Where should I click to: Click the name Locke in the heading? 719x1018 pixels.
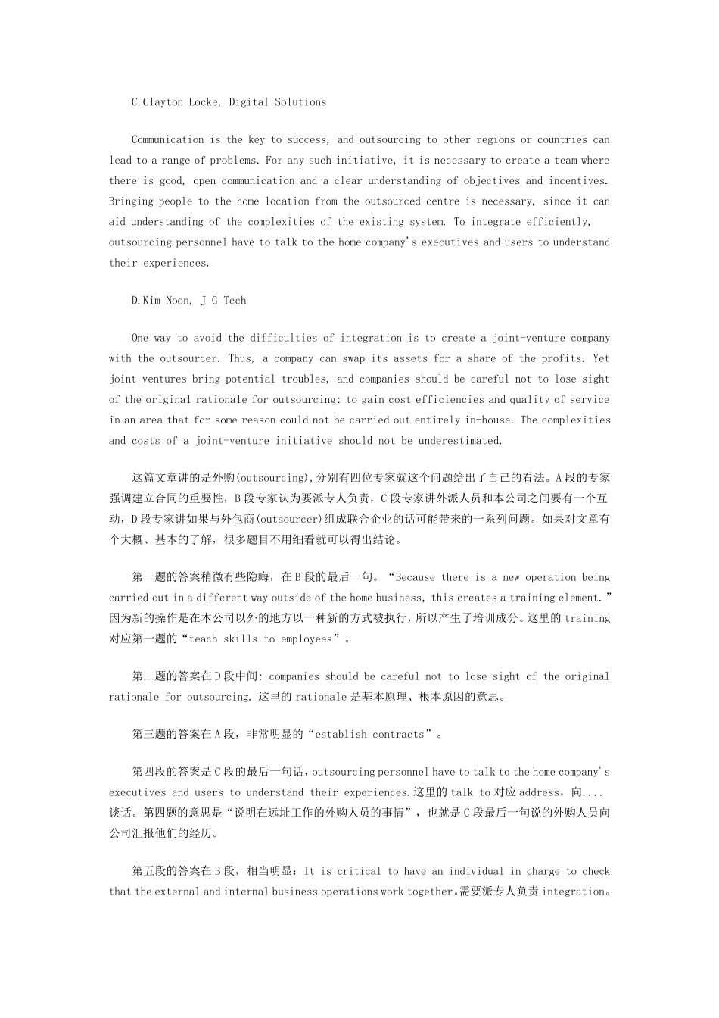205,102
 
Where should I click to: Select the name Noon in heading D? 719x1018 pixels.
177,301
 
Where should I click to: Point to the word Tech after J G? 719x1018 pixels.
235,301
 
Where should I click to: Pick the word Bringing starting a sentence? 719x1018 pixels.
131,201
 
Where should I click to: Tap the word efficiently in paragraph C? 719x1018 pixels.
553,222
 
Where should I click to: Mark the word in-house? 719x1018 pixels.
490,420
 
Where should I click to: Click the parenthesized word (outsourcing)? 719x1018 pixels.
270,478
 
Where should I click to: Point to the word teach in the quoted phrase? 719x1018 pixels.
203,639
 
